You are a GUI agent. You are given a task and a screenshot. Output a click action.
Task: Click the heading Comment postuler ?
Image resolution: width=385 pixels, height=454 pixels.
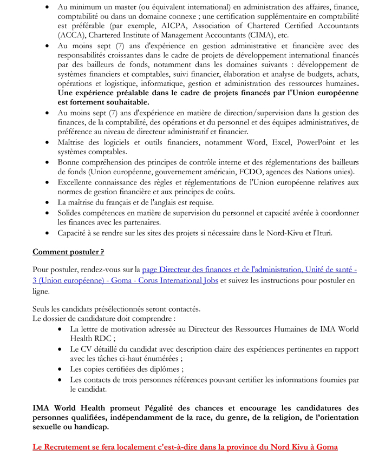click(x=68, y=252)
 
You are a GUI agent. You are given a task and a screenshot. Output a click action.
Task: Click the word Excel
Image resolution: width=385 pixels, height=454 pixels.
click(x=273, y=142)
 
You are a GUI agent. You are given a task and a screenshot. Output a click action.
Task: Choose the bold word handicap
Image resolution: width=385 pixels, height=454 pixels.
click(x=90, y=426)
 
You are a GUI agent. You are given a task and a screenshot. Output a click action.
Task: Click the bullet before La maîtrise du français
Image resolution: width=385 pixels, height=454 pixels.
click(x=48, y=203)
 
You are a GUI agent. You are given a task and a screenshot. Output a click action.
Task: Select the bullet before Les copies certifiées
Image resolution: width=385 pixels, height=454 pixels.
click(x=61, y=370)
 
